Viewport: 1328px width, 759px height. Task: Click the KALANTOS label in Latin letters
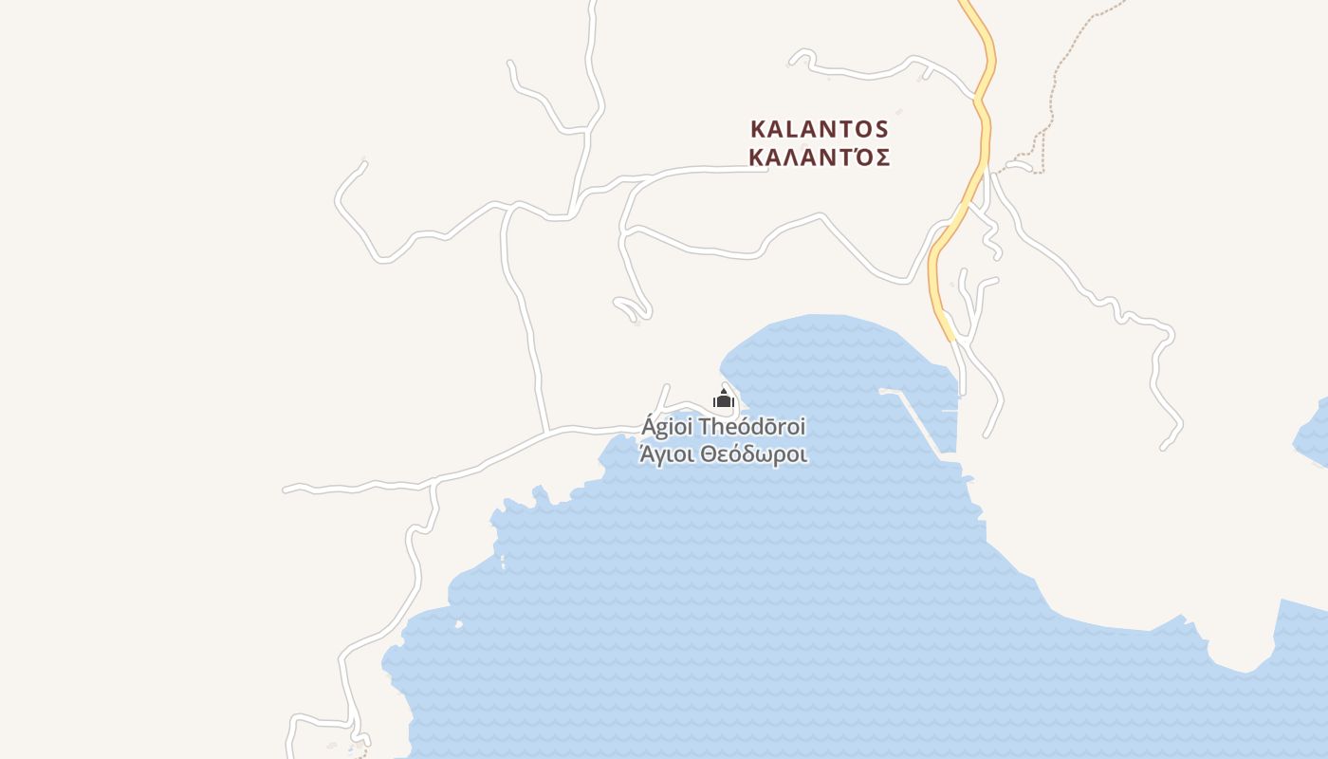click(819, 128)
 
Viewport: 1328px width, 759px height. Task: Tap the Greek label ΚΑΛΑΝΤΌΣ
click(819, 157)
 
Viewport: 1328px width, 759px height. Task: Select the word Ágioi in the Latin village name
click(667, 427)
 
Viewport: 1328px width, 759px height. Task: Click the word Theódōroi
click(751, 427)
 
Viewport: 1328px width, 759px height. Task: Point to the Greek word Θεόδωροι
click(754, 454)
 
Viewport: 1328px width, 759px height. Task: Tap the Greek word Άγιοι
click(668, 454)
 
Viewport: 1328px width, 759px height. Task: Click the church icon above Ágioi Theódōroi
click(724, 398)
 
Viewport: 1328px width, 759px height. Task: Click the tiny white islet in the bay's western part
click(459, 624)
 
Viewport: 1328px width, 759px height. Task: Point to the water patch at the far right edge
click(1314, 432)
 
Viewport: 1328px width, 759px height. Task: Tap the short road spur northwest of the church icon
click(664, 397)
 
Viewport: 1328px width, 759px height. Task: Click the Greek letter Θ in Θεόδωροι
click(708, 454)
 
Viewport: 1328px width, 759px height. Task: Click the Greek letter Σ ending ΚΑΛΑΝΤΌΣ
click(882, 157)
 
